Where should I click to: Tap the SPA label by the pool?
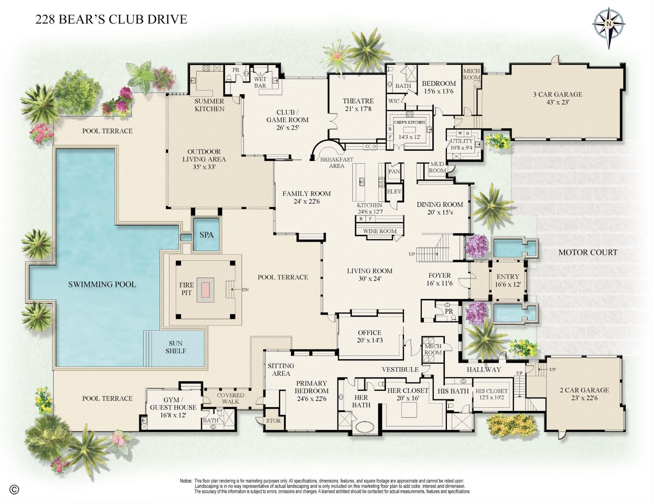[206, 235]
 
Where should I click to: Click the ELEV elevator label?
[394, 192]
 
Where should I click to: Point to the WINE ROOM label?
[380, 231]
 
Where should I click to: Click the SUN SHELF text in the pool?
[175, 347]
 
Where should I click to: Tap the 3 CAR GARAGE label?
[557, 94]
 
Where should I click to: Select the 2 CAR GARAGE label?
[584, 390]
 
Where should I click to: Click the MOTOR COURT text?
[588, 253]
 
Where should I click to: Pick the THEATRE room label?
[358, 101]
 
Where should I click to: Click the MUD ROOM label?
[437, 167]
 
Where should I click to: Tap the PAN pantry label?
[394, 172]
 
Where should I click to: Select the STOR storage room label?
[273, 421]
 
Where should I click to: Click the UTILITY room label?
[461, 141]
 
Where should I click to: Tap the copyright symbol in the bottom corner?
[14, 490]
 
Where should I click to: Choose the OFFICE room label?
[369, 332]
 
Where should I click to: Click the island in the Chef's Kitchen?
[409, 130]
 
